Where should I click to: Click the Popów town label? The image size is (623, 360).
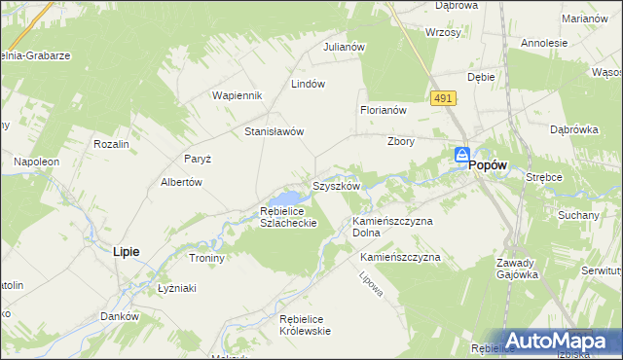pyautogui.click(x=489, y=166)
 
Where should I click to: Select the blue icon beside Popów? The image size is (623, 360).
pyautogui.click(x=462, y=156)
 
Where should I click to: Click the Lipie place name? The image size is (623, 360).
pyautogui.click(x=126, y=251)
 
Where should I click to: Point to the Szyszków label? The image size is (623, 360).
pyautogui.click(x=337, y=185)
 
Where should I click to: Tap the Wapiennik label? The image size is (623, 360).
pyautogui.click(x=238, y=95)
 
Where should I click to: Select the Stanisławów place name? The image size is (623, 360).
pyautogui.click(x=275, y=131)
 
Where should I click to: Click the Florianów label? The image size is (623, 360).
pyautogui.click(x=383, y=111)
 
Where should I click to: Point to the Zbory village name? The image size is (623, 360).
pyautogui.click(x=401, y=141)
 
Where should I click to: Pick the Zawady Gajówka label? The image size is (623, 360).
pyautogui.click(x=516, y=269)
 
